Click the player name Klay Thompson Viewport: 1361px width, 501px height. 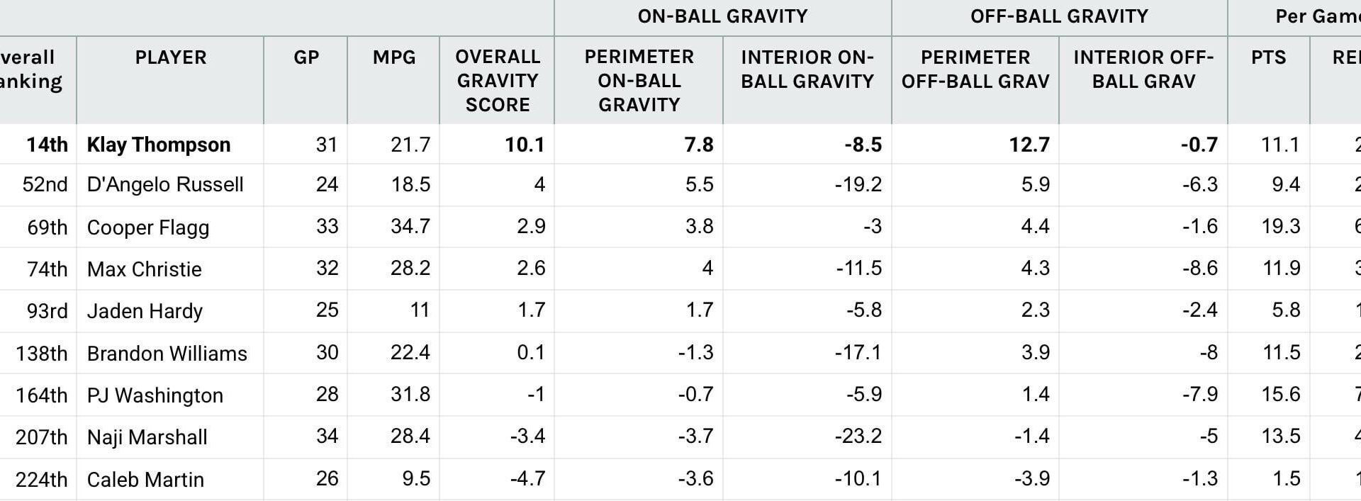pyautogui.click(x=158, y=145)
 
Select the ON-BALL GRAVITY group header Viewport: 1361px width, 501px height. pyautogui.click(x=722, y=16)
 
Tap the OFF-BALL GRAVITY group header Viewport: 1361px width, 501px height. pyautogui.click(x=1059, y=16)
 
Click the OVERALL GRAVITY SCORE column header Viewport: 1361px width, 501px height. pyautogui.click(x=497, y=81)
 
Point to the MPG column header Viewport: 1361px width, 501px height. pyautogui.click(x=394, y=57)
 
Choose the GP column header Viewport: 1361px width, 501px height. pyautogui.click(x=306, y=57)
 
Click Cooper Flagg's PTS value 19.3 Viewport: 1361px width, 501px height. pyautogui.click(x=1280, y=227)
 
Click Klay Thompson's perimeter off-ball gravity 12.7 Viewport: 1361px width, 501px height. pyautogui.click(x=1029, y=145)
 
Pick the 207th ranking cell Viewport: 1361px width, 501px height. pyautogui.click(x=41, y=437)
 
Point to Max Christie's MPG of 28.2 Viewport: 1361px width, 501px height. pyautogui.click(x=410, y=269)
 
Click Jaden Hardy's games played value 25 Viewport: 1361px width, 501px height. pyautogui.click(x=327, y=310)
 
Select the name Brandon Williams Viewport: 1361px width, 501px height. pyautogui.click(x=167, y=353)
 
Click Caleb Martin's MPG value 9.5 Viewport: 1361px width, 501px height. pyautogui.click(x=416, y=479)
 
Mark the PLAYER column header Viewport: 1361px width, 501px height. pyautogui.click(x=171, y=57)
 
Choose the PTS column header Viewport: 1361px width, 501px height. pyautogui.click(x=1268, y=57)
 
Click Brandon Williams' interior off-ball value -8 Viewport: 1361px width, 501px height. pyautogui.click(x=1208, y=353)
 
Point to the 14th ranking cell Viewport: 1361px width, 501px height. pyautogui.click(x=47, y=145)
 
